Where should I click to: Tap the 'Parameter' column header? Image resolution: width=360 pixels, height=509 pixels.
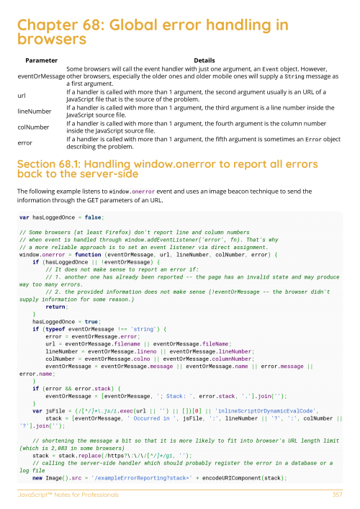tap(41, 60)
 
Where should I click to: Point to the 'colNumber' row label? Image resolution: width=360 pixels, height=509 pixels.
tap(32, 127)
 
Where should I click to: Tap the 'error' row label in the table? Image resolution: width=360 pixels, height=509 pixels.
tap(25, 143)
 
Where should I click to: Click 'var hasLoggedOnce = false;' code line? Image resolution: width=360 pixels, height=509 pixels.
tap(62, 216)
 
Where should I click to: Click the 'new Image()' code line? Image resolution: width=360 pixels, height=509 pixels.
tap(180, 477)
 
